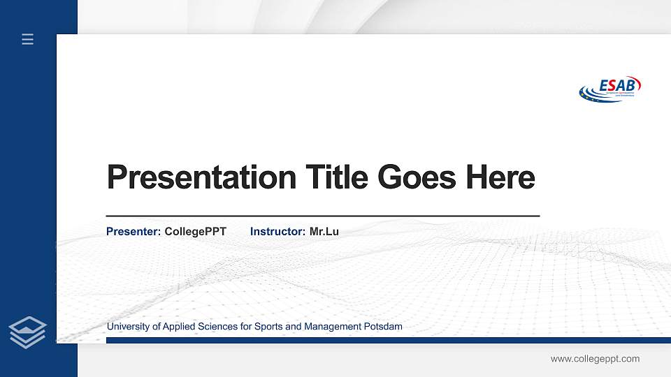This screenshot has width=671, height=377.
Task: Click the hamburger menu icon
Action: coord(28,39)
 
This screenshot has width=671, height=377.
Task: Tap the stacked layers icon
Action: coord(28,332)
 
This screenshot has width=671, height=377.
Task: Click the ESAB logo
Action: coord(610,89)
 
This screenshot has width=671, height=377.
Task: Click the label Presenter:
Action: coord(134,231)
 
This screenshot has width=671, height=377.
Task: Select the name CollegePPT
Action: coord(196,231)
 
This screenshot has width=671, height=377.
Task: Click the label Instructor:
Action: coord(277,231)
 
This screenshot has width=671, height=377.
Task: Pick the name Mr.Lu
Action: coord(324,231)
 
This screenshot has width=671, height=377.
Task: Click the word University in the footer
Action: coord(128,327)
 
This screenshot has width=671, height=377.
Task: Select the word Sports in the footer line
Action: coord(268,327)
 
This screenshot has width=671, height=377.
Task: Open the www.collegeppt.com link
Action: coord(595,359)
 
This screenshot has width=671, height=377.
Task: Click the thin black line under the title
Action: coord(322,216)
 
